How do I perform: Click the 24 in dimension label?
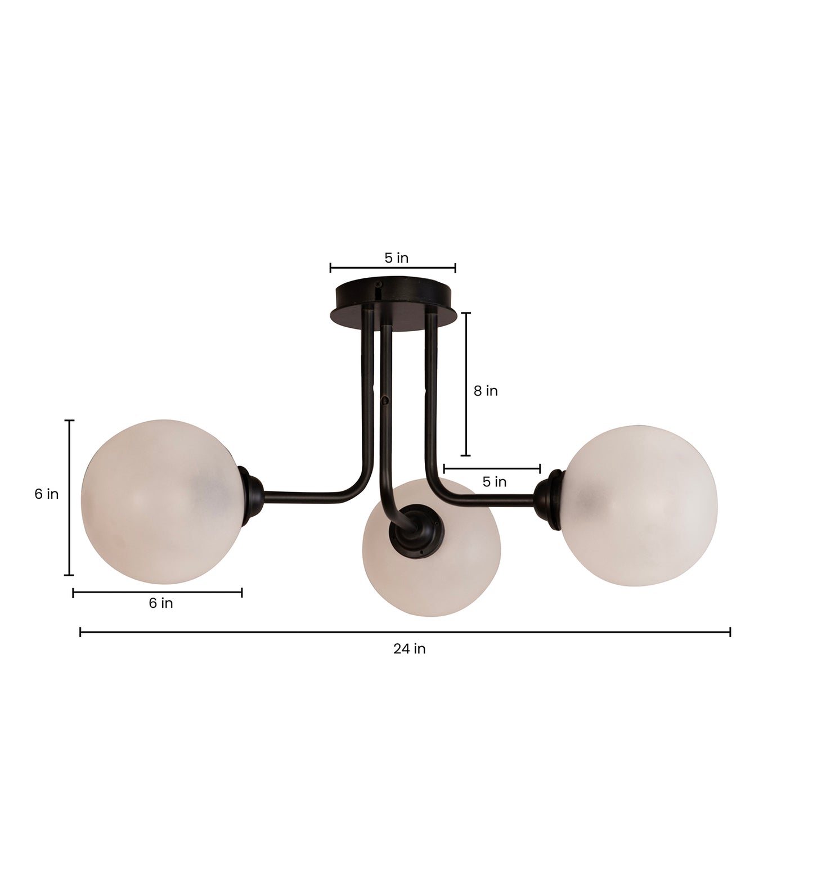[x=409, y=649]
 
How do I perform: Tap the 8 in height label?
[x=485, y=391]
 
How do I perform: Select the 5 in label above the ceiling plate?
[x=396, y=258]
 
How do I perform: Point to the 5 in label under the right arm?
[x=494, y=482]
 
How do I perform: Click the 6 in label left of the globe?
[x=46, y=494]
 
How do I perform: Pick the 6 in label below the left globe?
[x=160, y=603]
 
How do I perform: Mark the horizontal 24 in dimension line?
[x=405, y=632]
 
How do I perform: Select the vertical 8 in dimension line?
[x=466, y=384]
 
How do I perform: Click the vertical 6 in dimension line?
[x=69, y=498]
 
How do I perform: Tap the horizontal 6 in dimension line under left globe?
[x=158, y=592]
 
